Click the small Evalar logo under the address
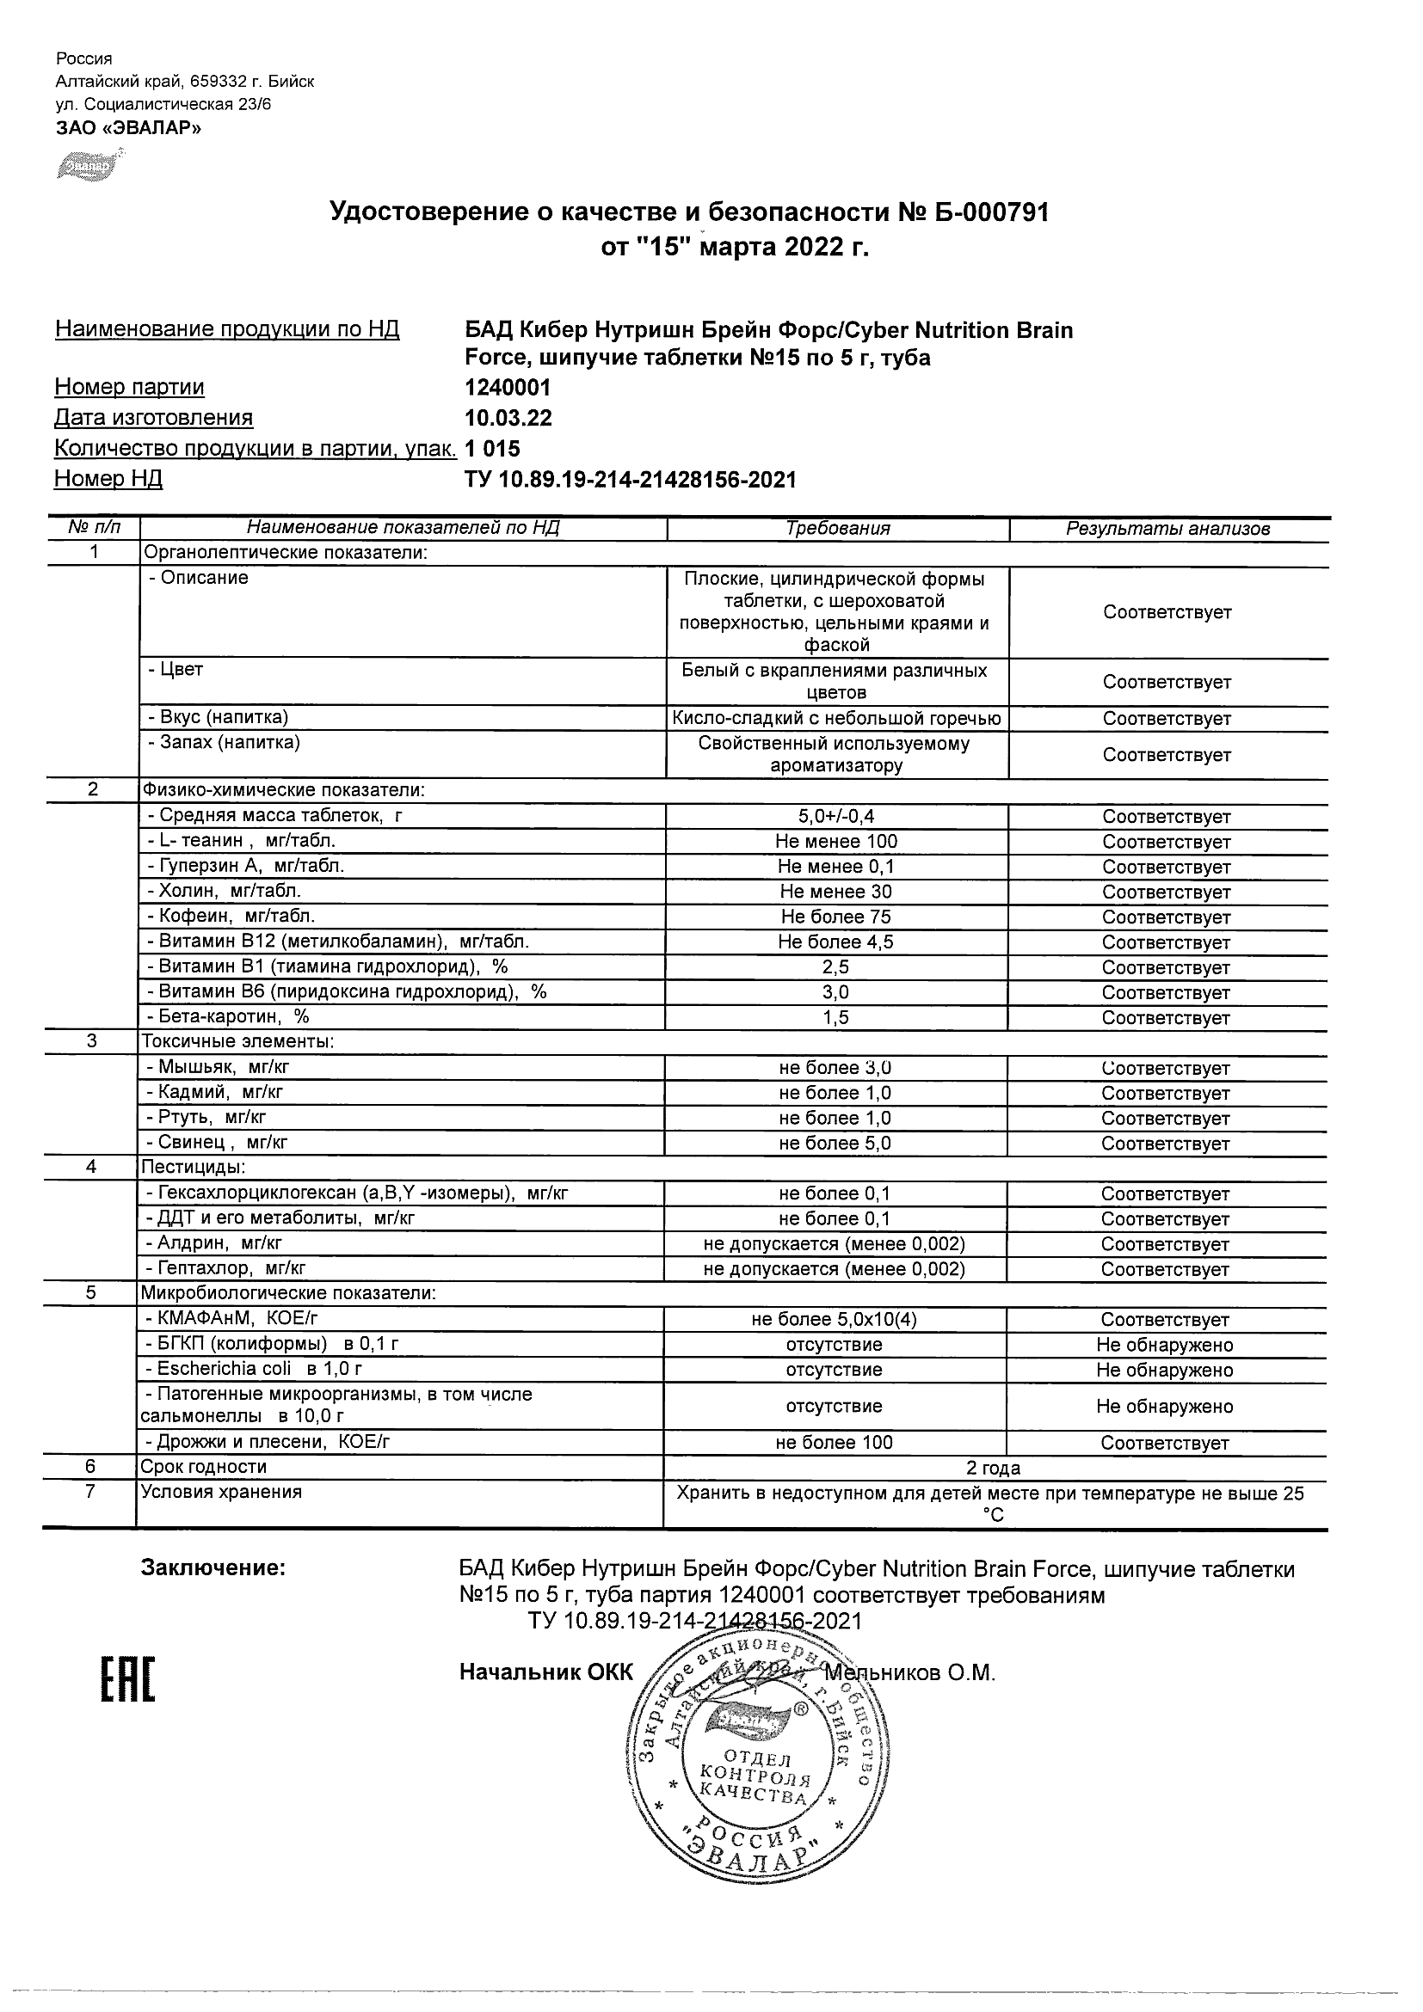[85, 164]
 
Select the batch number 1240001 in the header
[508, 387]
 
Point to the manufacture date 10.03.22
[508, 418]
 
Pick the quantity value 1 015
[493, 449]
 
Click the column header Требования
[837, 529]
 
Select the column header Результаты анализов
[1167, 529]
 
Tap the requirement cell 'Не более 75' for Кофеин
[835, 917]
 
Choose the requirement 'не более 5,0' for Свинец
[835, 1143]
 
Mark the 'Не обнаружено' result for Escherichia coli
[1164, 1370]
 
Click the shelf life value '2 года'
[993, 1468]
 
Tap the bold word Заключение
[213, 1567]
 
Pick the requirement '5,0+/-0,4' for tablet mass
[835, 816]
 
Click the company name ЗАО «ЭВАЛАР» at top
[128, 128]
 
